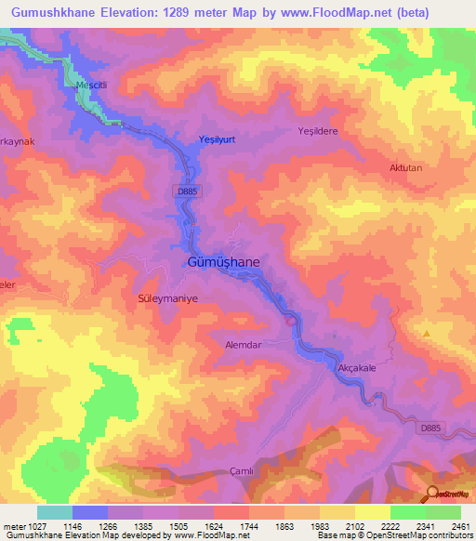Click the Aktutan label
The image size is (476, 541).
click(x=405, y=168)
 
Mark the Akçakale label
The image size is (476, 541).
click(x=356, y=368)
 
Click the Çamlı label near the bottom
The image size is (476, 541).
click(x=241, y=471)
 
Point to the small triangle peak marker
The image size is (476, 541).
click(x=427, y=333)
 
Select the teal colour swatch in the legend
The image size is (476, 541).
click(x=55, y=512)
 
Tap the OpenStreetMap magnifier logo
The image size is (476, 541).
click(x=432, y=494)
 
